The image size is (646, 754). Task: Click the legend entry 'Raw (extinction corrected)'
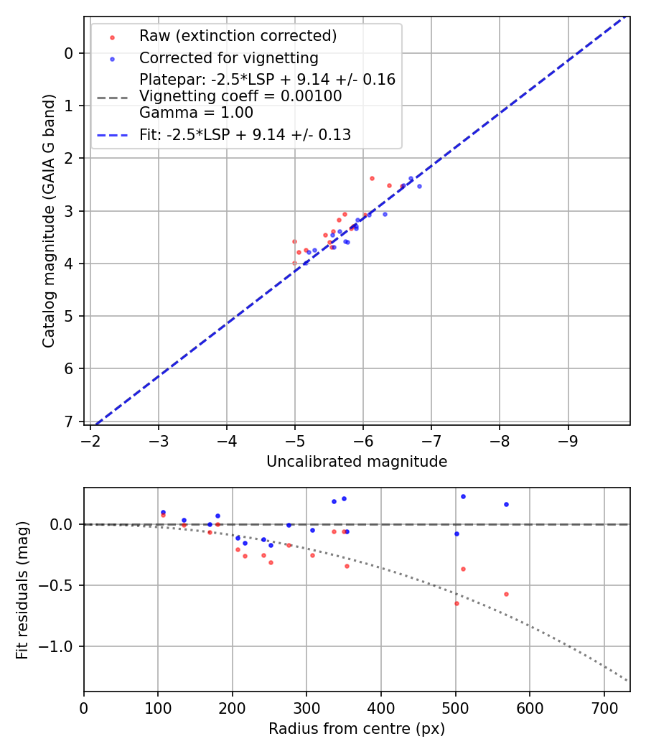point(238,36)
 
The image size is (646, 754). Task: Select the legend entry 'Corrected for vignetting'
point(228,57)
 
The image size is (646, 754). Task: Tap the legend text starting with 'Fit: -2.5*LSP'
point(245,134)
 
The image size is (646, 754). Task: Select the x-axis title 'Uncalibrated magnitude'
point(357,462)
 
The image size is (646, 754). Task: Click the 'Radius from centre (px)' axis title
point(357,729)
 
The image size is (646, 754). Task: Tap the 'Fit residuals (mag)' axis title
point(23,590)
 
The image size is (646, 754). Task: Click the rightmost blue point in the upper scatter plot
point(419,186)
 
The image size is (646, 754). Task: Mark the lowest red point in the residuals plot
point(457,603)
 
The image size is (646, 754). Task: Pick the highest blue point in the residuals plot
point(463,496)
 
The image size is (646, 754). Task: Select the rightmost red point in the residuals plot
point(506,594)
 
